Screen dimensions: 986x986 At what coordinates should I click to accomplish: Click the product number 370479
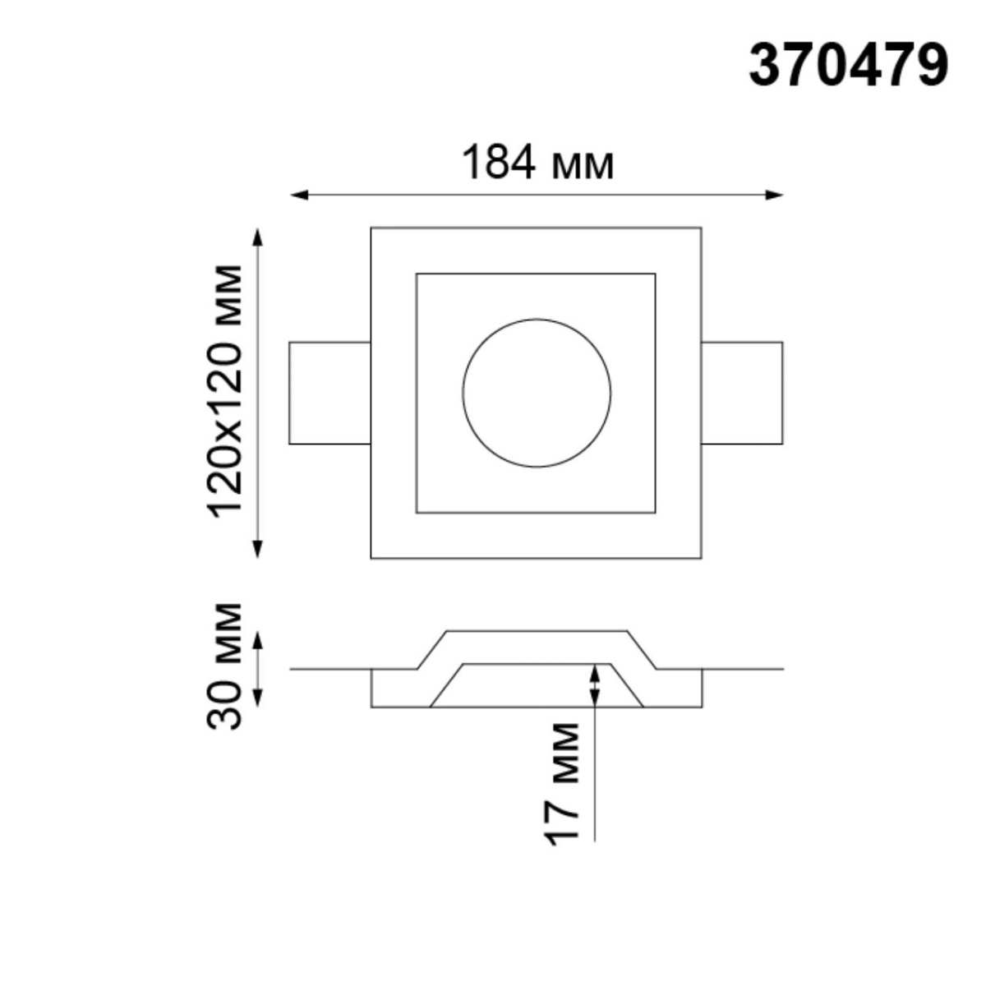[848, 66]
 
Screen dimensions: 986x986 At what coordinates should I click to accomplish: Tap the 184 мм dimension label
[537, 163]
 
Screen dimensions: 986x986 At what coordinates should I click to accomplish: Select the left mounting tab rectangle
[329, 393]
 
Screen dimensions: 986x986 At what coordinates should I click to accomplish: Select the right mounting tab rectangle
[741, 393]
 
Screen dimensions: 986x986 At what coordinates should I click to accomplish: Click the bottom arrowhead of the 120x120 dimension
[258, 548]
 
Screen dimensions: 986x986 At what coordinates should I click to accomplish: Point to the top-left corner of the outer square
[371, 228]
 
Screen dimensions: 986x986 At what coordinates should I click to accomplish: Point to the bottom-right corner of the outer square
[701, 559]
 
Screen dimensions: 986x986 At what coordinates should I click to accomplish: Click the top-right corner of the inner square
[655, 274]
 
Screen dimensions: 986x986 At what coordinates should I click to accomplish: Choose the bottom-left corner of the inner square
[417, 513]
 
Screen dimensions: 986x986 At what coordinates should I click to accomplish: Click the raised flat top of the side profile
[537, 632]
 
